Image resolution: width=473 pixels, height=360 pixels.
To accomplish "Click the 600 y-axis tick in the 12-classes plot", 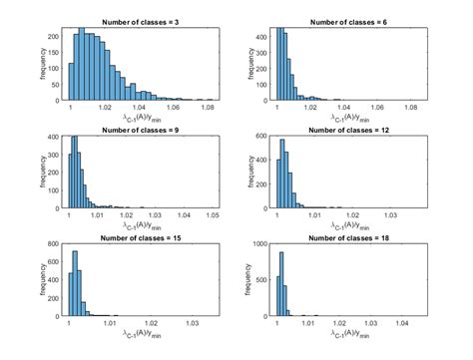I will [x=261, y=137].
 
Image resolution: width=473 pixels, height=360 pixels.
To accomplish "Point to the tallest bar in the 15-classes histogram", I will [x=75, y=283].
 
